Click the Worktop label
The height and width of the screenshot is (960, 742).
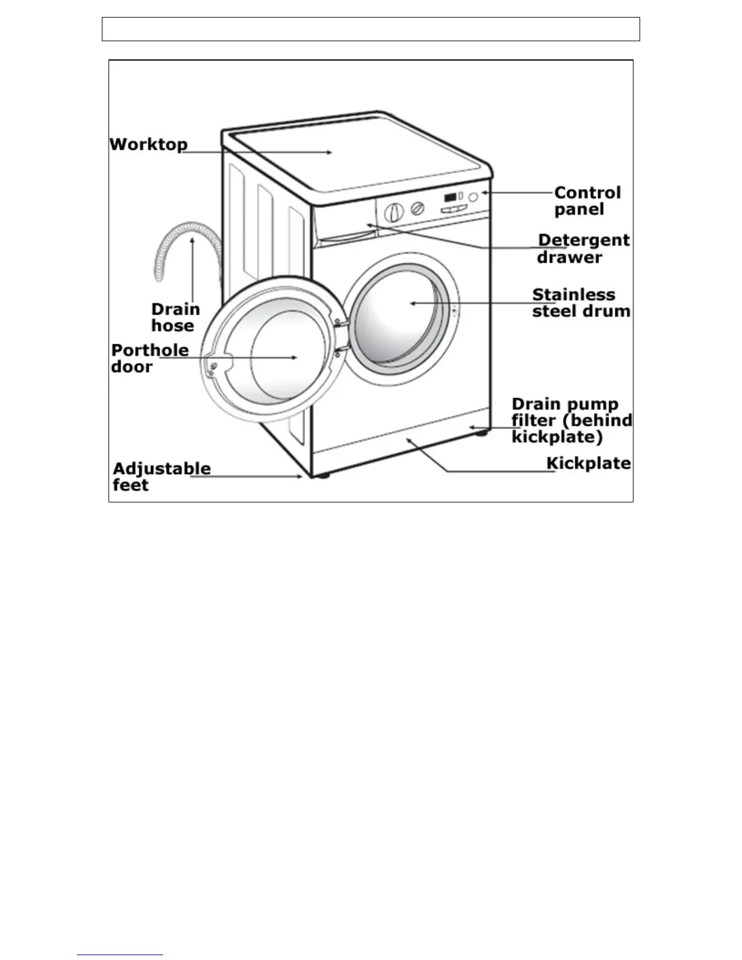point(149,145)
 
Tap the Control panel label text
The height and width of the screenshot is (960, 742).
point(587,201)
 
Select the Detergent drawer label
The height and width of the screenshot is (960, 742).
point(583,248)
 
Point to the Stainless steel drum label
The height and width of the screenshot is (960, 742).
point(581,303)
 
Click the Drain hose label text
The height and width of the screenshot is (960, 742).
point(175,318)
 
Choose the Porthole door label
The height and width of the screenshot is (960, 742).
point(149,358)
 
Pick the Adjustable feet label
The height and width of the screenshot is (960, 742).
point(161,476)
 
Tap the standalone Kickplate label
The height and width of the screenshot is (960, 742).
point(588,464)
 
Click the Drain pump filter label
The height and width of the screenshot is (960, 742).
point(571,420)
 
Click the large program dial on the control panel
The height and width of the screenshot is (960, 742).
point(394,212)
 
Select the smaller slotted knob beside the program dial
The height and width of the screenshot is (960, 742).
point(417,208)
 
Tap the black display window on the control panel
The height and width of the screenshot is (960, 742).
point(450,198)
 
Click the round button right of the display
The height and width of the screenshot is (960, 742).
point(473,197)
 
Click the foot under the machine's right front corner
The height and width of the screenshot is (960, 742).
point(481,432)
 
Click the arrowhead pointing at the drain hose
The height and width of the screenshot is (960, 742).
point(192,240)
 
